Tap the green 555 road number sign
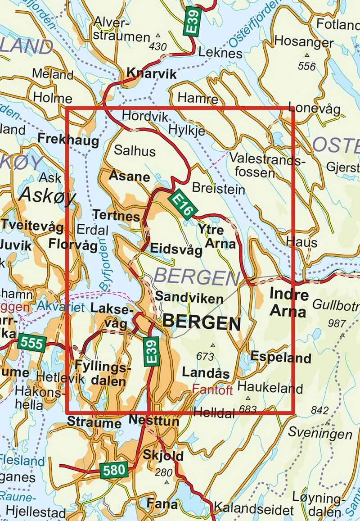32,344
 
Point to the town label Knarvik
152,73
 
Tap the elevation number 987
337,323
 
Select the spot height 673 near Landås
205,356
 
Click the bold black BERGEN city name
201,322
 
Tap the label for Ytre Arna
217,237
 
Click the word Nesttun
153,421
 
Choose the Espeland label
281,358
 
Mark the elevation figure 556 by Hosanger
307,67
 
